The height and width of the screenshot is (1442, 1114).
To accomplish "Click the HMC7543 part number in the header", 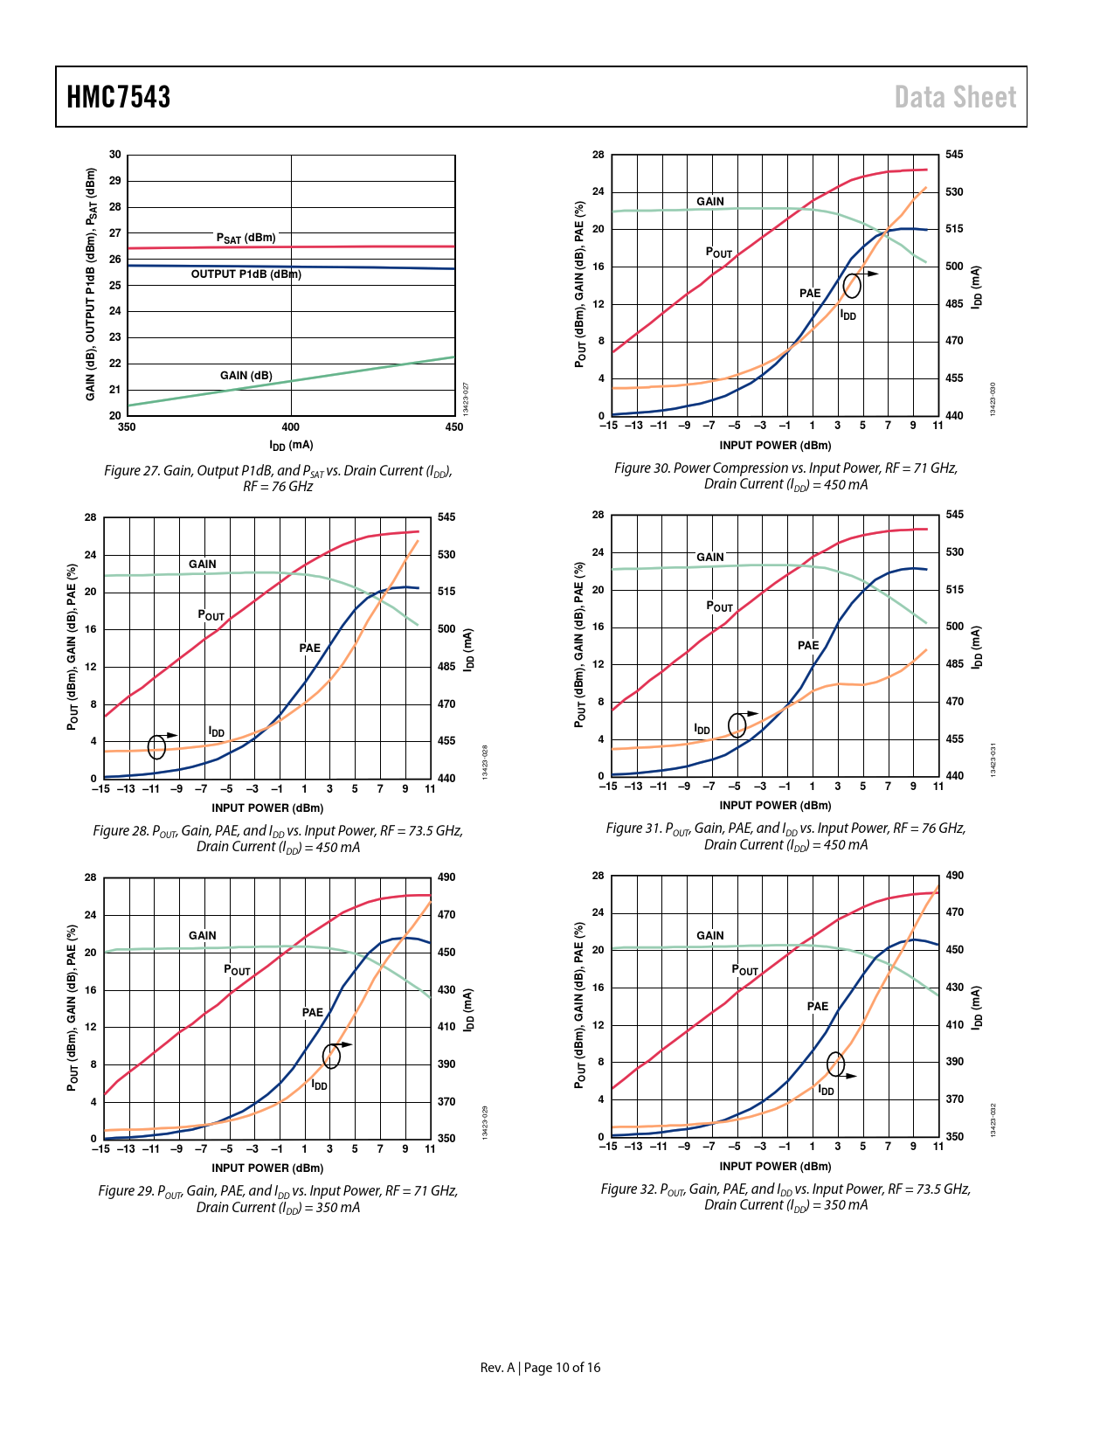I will click(x=119, y=97).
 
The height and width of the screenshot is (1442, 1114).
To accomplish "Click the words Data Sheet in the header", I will click(x=955, y=97).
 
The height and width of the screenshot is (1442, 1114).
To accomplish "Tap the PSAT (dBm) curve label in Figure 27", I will click(x=246, y=238).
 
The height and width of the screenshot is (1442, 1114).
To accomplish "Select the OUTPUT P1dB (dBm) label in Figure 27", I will click(x=246, y=274).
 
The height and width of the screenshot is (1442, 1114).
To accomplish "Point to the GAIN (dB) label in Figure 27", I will click(x=246, y=376).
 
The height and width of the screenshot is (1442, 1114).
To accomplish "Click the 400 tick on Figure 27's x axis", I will click(x=291, y=427).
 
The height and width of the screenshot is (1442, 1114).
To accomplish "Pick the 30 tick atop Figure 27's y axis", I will click(x=115, y=155).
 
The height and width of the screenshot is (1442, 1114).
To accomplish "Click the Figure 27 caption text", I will click(x=278, y=478).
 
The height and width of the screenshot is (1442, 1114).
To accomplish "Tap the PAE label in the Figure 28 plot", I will click(x=310, y=648).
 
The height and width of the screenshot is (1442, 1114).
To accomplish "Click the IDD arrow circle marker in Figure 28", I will click(x=157, y=746).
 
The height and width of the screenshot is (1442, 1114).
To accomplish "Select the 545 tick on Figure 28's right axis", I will click(x=446, y=517).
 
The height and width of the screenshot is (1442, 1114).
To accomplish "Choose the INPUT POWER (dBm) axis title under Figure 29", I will click(x=267, y=1168).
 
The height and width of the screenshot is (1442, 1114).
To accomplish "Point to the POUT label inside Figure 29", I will click(x=237, y=970).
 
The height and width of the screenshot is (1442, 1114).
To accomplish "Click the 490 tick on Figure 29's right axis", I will click(x=446, y=877).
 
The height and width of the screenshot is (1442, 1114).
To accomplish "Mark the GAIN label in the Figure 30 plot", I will click(x=710, y=202).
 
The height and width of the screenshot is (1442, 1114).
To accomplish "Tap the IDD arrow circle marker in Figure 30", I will click(x=852, y=285).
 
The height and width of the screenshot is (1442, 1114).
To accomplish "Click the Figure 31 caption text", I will click(x=785, y=836).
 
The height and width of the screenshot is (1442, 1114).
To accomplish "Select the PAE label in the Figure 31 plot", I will click(x=808, y=646).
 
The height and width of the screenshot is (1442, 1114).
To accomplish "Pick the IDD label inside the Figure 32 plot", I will click(x=826, y=1091).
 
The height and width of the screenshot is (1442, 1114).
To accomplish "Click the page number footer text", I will click(x=540, y=1368).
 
